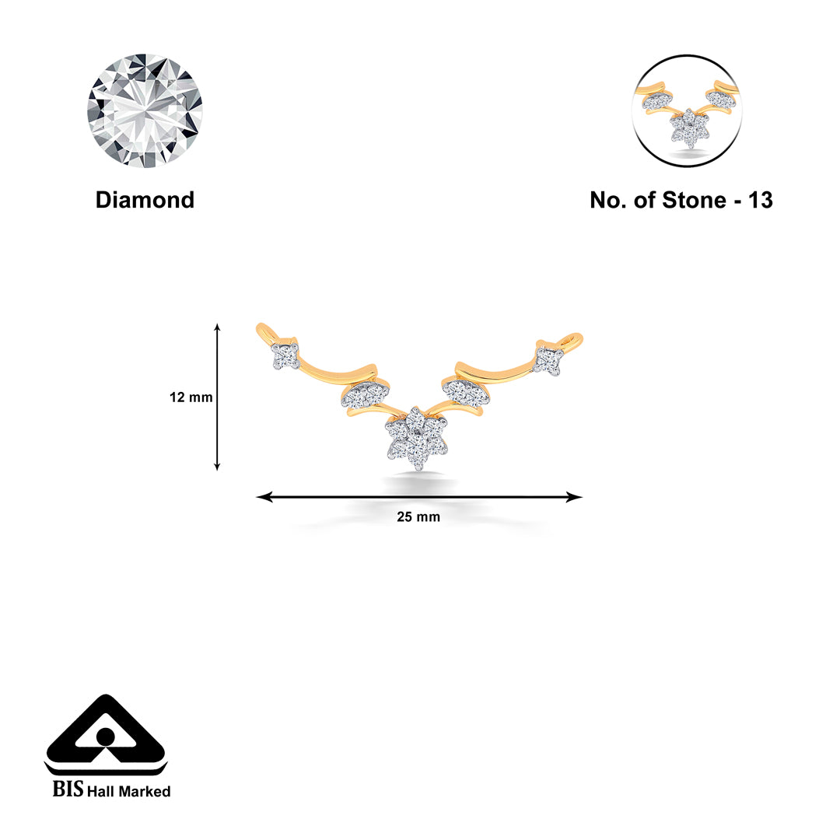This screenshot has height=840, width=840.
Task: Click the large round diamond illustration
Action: (x=145, y=111)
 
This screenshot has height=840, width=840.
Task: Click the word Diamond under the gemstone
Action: (x=145, y=200)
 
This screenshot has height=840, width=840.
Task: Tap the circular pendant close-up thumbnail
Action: (x=688, y=110)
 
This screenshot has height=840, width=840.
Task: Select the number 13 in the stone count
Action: (x=760, y=200)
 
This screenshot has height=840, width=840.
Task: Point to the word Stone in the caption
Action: (x=694, y=200)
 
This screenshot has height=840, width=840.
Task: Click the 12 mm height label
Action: (x=191, y=397)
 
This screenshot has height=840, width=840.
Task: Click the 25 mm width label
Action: (x=418, y=516)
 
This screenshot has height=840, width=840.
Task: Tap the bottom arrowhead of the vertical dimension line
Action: (x=217, y=467)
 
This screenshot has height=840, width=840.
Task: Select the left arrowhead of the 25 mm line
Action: (x=263, y=497)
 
